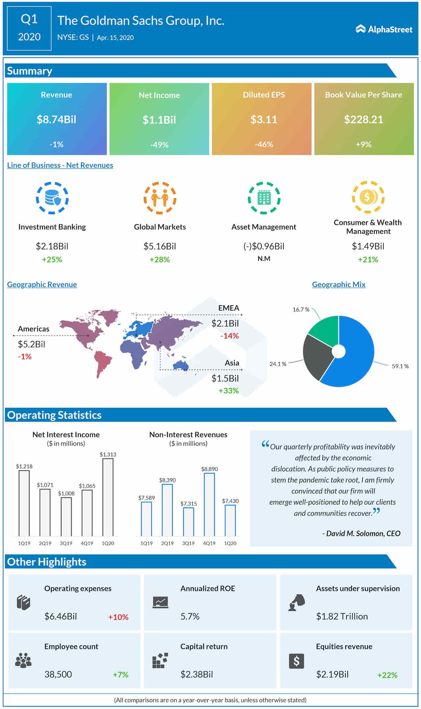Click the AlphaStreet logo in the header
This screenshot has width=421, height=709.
click(384, 29)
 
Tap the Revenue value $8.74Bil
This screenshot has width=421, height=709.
click(56, 119)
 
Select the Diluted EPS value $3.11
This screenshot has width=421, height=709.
click(263, 119)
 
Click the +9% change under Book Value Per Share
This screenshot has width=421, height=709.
click(363, 144)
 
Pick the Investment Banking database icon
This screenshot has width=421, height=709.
click(52, 198)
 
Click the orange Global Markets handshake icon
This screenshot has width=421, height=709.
click(160, 198)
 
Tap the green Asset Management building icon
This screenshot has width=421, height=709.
click(264, 198)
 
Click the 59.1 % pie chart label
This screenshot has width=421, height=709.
click(400, 366)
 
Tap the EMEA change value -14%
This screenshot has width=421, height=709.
click(229, 336)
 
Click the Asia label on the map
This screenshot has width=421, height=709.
click(232, 363)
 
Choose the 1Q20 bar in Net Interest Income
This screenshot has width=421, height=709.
click(108, 497)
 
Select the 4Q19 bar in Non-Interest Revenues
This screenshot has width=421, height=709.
click(209, 504)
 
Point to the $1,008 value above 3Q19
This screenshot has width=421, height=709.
click(66, 493)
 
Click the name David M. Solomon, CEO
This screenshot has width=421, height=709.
click(361, 533)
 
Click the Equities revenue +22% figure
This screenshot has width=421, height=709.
click(387, 675)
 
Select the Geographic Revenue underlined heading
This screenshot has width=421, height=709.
click(42, 284)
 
